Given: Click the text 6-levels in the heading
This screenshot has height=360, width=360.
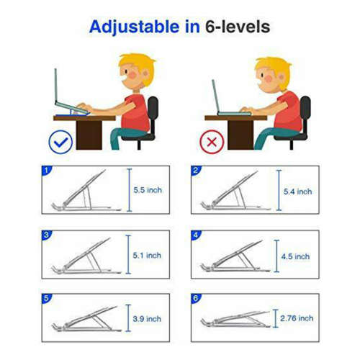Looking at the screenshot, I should [237, 27].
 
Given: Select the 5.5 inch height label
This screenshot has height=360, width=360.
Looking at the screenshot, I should [147, 191].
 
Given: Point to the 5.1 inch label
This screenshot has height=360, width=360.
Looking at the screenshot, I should [147, 256].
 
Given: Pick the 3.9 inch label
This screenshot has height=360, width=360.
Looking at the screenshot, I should [147, 318].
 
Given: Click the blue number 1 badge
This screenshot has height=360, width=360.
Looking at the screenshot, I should [47, 171].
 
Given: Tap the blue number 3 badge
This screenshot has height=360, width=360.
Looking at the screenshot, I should [47, 235].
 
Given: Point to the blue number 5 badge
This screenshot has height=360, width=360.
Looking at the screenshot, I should [47, 297].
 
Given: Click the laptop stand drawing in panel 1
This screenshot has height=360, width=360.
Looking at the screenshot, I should [83, 193].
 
